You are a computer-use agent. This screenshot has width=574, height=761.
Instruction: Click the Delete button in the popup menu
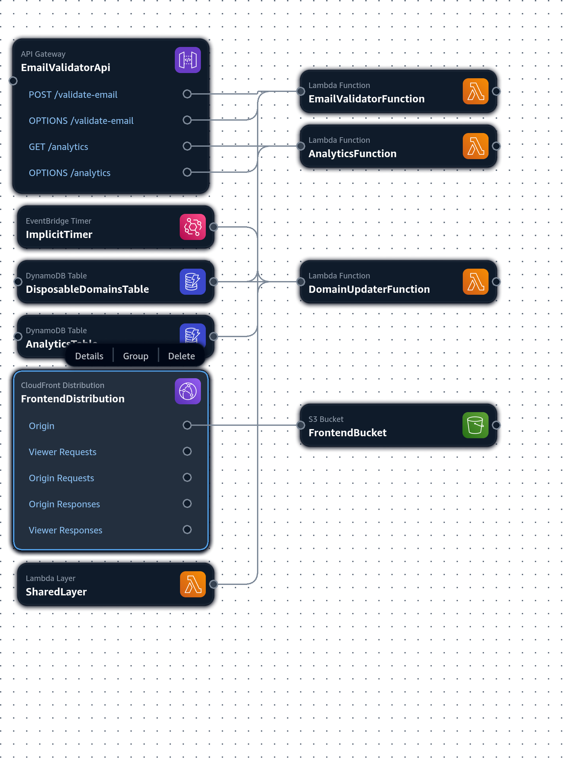181,356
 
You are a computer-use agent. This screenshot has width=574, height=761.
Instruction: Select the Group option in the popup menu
136,356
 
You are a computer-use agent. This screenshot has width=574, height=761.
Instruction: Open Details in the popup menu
89,356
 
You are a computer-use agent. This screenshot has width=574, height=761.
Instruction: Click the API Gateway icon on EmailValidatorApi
188,60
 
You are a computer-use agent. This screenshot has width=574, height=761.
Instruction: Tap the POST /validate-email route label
73,95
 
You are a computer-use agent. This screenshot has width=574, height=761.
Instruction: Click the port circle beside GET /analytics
187,146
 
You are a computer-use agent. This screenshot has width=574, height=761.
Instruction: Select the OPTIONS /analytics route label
69,173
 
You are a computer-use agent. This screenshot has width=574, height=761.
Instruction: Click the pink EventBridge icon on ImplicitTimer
192,227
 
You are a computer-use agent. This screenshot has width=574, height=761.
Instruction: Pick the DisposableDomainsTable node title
87,289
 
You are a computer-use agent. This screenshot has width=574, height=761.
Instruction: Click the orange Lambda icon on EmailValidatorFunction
475,92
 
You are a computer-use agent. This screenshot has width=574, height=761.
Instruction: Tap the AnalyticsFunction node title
352,154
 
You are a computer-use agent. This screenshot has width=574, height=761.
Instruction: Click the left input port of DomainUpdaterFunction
301,282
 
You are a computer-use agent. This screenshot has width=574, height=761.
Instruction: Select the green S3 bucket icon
475,425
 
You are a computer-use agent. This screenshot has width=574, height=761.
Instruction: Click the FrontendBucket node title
348,433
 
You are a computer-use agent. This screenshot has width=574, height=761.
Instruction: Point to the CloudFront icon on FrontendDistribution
188,392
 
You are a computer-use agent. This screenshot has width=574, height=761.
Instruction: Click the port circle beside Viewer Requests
187,451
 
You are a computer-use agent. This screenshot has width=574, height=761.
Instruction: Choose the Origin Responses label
64,504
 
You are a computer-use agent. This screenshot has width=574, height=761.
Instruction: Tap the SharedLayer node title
56,592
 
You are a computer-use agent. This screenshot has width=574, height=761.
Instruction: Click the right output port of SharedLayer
213,584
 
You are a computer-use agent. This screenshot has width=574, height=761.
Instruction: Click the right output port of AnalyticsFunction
496,146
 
